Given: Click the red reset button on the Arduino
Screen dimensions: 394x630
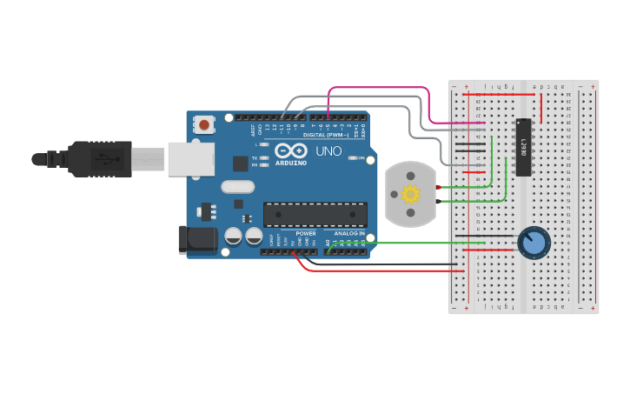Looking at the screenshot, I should click(x=204, y=125).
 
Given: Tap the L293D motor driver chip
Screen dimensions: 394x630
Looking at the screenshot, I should click(x=524, y=147).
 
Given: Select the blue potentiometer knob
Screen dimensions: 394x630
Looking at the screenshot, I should click(x=534, y=243).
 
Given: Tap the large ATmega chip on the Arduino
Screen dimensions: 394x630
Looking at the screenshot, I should click(x=315, y=214).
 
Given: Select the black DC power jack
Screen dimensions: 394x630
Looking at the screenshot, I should click(x=196, y=240).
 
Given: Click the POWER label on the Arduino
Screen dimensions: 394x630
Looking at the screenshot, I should click(x=306, y=233).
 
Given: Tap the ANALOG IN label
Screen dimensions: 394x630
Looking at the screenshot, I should click(x=349, y=233).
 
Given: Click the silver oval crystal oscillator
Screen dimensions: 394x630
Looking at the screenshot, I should click(x=237, y=186).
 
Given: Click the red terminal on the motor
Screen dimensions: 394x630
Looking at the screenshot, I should click(x=442, y=186).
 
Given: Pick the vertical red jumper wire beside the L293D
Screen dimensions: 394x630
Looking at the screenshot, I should click(x=542, y=106).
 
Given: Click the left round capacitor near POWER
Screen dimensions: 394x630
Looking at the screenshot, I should click(x=234, y=236).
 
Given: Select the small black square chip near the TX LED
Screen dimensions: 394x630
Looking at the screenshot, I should click(x=240, y=163).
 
